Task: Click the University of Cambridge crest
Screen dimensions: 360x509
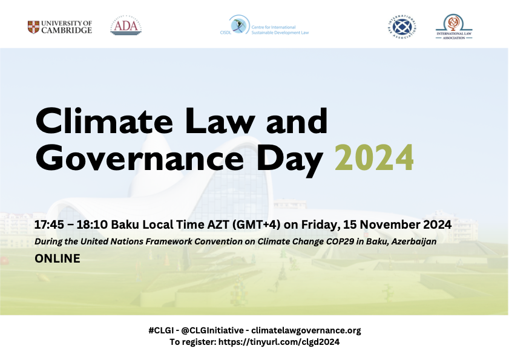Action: (x=34, y=27)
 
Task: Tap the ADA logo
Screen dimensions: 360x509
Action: (x=126, y=27)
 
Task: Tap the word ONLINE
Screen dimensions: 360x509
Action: (x=57, y=258)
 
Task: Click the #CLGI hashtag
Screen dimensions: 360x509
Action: (x=159, y=330)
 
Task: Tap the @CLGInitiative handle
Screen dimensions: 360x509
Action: (x=209, y=330)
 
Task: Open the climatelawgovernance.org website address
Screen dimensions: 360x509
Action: (x=306, y=330)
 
